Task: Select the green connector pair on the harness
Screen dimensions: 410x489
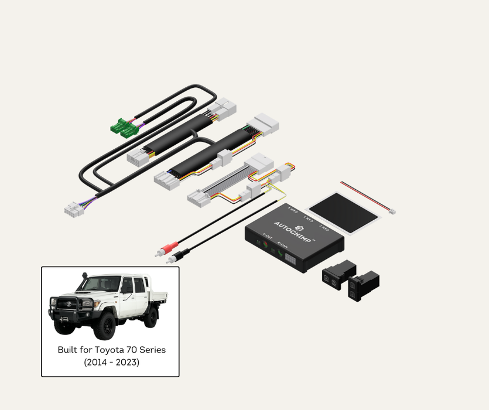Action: click(x=125, y=127)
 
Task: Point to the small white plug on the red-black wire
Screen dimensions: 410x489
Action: click(x=392, y=211)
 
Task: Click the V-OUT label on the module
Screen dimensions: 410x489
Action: click(x=268, y=238)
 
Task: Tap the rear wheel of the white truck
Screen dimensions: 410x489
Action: click(x=151, y=316)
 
